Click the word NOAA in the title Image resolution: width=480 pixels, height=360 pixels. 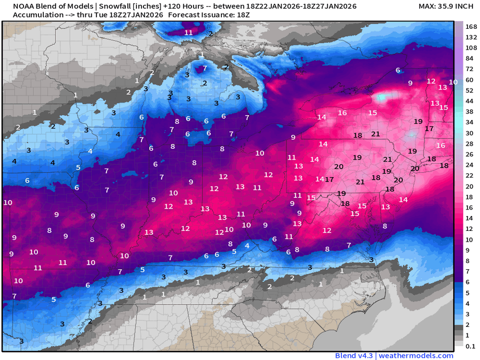click(17, 6)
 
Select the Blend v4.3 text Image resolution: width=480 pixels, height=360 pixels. click(354, 356)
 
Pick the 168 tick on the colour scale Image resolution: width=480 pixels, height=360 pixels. click(471, 27)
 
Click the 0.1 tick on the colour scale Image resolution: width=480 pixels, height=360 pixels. click(471, 346)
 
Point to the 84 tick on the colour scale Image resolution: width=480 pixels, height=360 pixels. click(471, 59)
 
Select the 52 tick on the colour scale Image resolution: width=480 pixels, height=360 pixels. click(471, 91)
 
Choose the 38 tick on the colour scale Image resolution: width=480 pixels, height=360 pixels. click(471, 112)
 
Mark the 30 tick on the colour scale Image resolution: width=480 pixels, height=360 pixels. click(471, 133)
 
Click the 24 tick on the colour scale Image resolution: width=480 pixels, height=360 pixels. click(471, 165)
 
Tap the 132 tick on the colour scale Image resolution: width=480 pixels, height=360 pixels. click(471, 37)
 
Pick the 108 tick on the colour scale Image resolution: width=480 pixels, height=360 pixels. click(471, 48)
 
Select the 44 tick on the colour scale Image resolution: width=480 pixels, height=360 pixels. click(471, 101)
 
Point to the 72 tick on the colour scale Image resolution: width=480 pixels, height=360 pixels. click(471, 69)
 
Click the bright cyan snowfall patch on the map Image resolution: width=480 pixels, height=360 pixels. click(382, 98)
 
